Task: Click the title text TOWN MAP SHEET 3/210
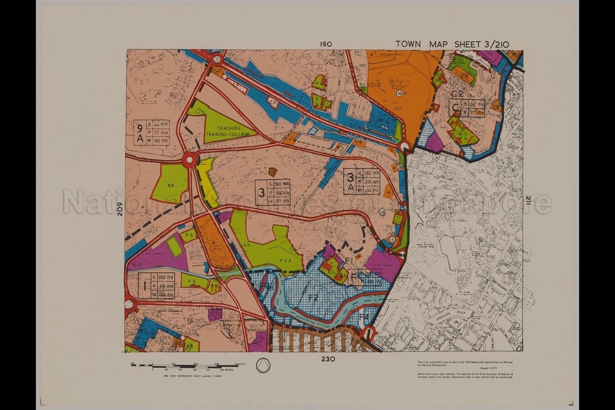452,44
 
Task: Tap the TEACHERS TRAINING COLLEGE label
227,131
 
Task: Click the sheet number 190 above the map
326,44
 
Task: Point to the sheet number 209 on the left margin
119,209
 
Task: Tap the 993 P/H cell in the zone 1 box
165,277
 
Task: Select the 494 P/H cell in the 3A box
369,191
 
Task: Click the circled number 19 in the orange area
399,93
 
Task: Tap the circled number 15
392,240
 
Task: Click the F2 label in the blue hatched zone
313,297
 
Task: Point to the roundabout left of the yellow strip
189,161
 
